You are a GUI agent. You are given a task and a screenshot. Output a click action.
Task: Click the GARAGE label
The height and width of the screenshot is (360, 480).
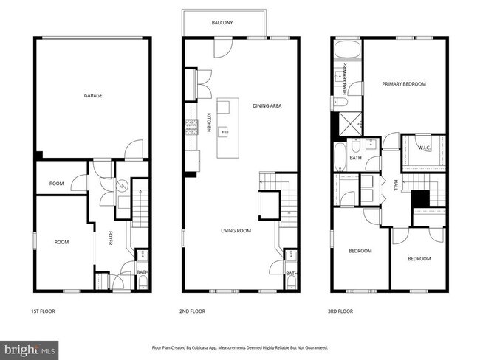[x=92, y=95]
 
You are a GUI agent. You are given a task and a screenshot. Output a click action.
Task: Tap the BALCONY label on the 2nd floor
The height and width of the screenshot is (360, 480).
[x=222, y=23]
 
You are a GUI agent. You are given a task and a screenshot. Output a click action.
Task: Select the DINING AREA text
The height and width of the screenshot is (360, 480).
[x=267, y=105]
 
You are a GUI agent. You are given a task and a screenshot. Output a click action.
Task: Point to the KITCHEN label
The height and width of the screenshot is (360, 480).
[x=209, y=122]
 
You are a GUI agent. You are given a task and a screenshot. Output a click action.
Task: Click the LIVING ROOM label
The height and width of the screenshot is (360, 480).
[x=236, y=231]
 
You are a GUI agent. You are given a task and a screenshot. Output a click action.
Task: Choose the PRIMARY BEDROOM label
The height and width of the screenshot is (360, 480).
[x=404, y=84]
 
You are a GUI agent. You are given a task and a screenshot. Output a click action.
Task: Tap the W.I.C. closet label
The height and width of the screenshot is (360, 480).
[x=422, y=148]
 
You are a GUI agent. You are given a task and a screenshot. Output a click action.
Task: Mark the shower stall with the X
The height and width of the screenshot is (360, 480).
[x=346, y=124]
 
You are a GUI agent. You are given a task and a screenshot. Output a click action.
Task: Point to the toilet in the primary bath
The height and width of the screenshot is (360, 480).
[x=336, y=102]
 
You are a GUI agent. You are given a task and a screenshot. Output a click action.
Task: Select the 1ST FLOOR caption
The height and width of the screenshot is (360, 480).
[x=42, y=311]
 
